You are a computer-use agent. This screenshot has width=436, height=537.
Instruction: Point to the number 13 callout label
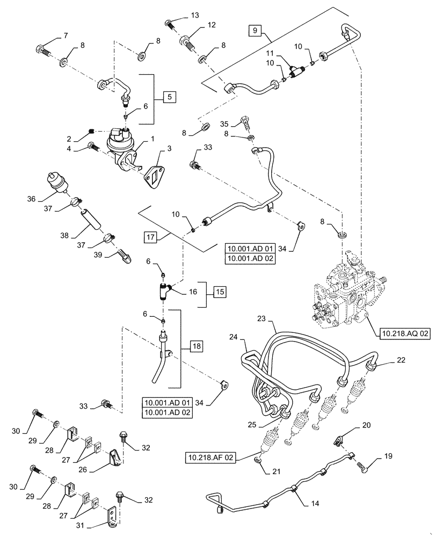(194, 14)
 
